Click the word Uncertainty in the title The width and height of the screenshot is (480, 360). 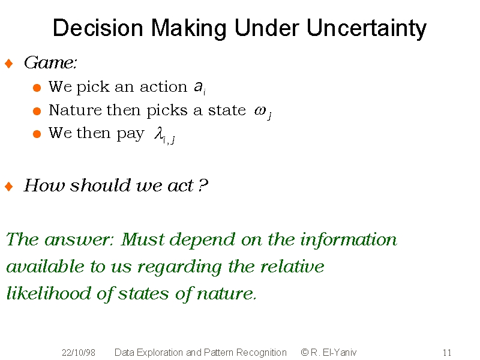pos(366,28)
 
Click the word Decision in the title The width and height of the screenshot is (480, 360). pos(98,28)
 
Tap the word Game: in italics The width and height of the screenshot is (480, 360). pos(50,63)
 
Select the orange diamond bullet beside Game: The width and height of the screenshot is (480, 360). pos(9,64)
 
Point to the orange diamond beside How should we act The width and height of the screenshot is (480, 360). pos(9,186)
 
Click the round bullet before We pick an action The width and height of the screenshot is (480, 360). pos(37,88)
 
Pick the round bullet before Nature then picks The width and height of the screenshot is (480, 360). pos(37,111)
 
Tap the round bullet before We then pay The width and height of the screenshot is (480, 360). pos(37,134)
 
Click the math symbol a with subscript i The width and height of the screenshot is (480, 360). pos(200,88)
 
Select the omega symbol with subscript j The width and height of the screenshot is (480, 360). pos(263,112)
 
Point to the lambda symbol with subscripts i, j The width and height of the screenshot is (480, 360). pos(164,135)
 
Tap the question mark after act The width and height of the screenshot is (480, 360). pos(203,185)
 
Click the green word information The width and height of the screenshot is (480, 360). pos(349,239)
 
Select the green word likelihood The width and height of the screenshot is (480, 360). pos(49,293)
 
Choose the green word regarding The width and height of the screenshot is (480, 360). pos(179,267)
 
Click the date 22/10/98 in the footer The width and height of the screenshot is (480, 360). pos(79,353)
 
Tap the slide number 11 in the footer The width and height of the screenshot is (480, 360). pos(447,353)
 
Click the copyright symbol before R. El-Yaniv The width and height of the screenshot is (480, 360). pos(305,352)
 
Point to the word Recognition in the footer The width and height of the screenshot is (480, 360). pos(262,353)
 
